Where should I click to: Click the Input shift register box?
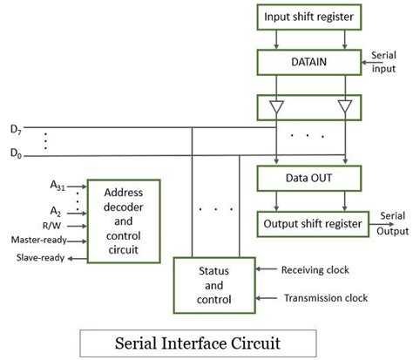(x=309, y=17)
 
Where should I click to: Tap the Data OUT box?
(x=309, y=178)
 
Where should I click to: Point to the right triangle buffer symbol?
(x=344, y=106)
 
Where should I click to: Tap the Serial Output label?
(x=393, y=223)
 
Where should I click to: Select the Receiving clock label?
(x=315, y=270)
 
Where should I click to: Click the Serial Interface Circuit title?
(x=197, y=341)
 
